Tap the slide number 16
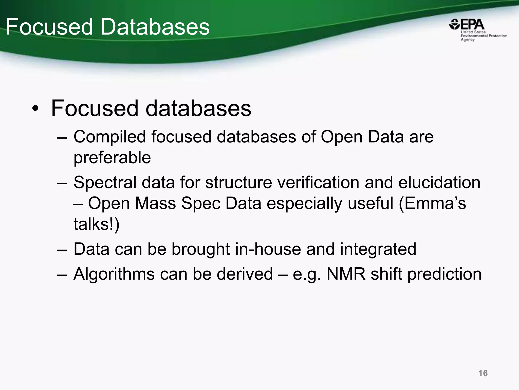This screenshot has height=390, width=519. click(483, 373)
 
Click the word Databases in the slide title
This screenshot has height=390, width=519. click(155, 27)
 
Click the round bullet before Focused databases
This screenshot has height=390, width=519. click(35, 109)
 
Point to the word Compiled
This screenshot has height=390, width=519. click(110, 137)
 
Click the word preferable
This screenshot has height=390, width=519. click(112, 158)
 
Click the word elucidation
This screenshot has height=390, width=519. click(439, 183)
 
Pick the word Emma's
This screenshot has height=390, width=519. click(432, 204)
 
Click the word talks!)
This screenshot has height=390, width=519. click(96, 224)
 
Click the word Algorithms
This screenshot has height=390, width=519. click(114, 274)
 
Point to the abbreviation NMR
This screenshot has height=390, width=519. click(346, 274)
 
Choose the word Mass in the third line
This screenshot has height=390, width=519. click(155, 204)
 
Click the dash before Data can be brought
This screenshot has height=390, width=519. click(62, 249)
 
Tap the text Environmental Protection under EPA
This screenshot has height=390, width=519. click(484, 36)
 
